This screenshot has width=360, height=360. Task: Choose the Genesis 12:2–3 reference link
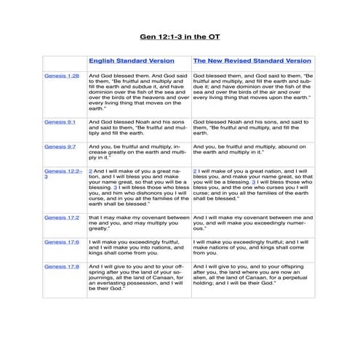62,173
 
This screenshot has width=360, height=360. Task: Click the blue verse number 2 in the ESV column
90,170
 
